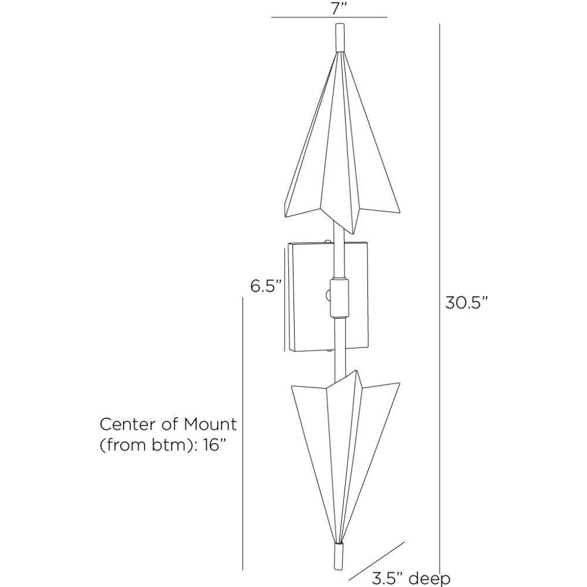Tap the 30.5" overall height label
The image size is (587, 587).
pyautogui.click(x=467, y=303)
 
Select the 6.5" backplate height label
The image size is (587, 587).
pyautogui.click(x=266, y=287)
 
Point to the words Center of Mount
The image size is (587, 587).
pyautogui.click(x=168, y=424)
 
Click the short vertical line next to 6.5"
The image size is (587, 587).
pyautogui.click(x=285, y=299)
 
